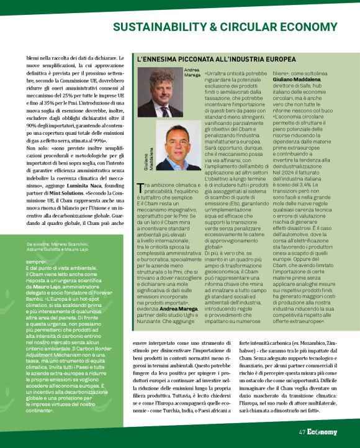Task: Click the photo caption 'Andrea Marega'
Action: (x=192, y=73)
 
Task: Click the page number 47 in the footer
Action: (x=302, y=432)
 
